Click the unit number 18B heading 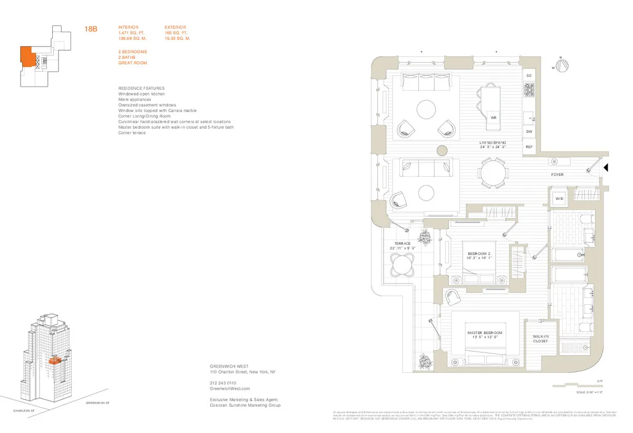point(91,30)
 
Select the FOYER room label point(558,175)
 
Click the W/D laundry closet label point(558,198)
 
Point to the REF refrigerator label point(529,147)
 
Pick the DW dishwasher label point(529,132)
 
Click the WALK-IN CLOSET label point(541,339)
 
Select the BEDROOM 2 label point(479,256)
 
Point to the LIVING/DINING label point(493,145)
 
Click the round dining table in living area point(493,174)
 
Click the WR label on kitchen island point(494,118)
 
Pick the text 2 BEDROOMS point(132,52)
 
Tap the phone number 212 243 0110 point(223,382)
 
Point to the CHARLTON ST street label point(25,410)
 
